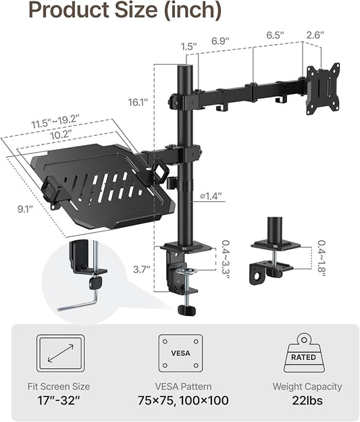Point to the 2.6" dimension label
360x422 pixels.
click(x=315, y=34)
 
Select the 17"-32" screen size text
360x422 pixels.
click(x=61, y=400)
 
